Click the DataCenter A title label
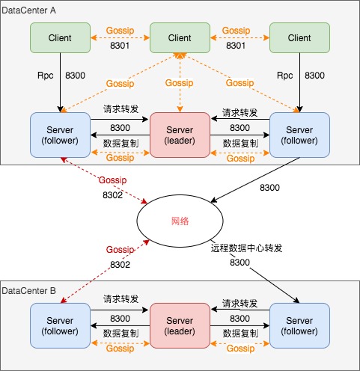(28, 10)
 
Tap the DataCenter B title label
(28, 291)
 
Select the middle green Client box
(180, 38)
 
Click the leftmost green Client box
(60, 38)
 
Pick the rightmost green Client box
(299, 38)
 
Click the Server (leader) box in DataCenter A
(180, 135)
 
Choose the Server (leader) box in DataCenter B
(180, 325)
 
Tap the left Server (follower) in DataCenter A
(60, 135)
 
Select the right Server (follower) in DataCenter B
(299, 325)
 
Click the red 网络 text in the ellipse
(180, 221)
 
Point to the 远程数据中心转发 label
(246, 248)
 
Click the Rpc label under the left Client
(46, 76)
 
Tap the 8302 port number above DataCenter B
(120, 265)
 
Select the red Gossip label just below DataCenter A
(113, 180)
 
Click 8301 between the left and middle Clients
(120, 46)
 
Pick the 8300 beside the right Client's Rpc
(314, 76)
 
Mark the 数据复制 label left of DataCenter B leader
(120, 334)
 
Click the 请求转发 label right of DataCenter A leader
(240, 113)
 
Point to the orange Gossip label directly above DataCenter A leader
(180, 83)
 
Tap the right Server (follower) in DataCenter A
(299, 135)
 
